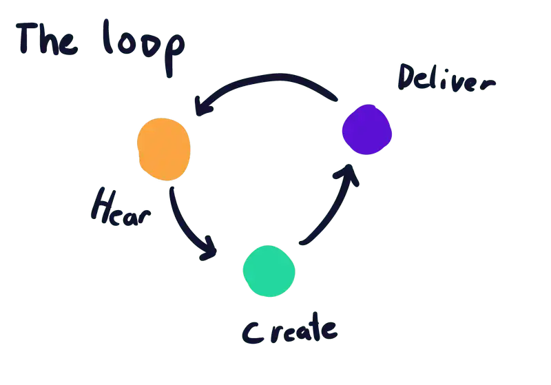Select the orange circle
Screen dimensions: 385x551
point(164,149)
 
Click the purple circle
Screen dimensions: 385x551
point(367,129)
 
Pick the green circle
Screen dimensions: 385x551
point(269,271)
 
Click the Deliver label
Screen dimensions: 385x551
point(445,79)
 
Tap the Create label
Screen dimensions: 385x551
point(289,332)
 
